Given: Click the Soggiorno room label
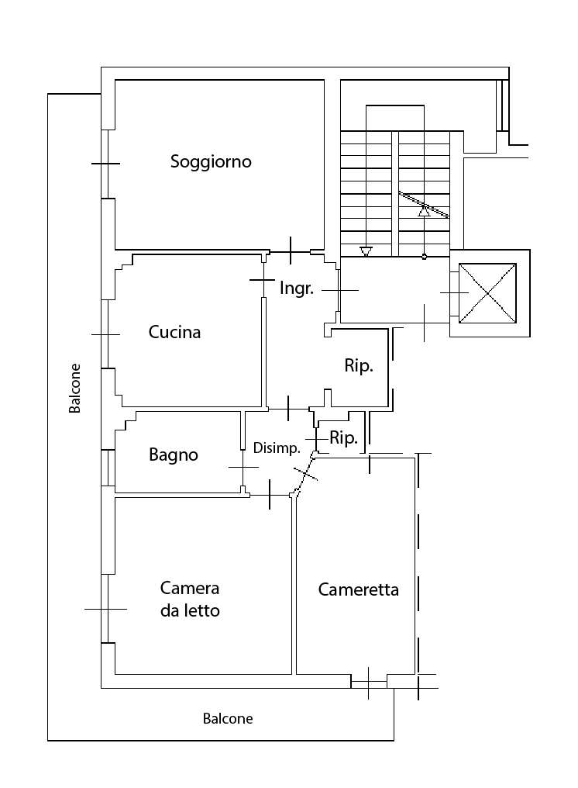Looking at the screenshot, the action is pyautogui.click(x=211, y=162).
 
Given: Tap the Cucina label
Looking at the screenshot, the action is pyautogui.click(x=174, y=332).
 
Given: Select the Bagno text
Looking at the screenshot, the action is pyautogui.click(x=174, y=455).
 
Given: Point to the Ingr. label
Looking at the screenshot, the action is pyautogui.click(x=296, y=289).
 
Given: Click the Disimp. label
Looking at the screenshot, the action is pyautogui.click(x=277, y=448).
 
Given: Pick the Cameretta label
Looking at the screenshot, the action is pyautogui.click(x=359, y=589).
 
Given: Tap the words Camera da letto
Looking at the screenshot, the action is pyautogui.click(x=190, y=599).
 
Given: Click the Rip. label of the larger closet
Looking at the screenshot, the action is pyautogui.click(x=359, y=366).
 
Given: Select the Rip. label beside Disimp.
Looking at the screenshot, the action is pyautogui.click(x=343, y=438).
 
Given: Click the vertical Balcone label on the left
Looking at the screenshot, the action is pyautogui.click(x=74, y=389).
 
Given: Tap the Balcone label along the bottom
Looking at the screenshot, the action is pyautogui.click(x=228, y=719).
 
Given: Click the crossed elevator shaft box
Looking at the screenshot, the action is pyautogui.click(x=487, y=293).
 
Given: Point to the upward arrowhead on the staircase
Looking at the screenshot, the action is pyautogui.click(x=425, y=211).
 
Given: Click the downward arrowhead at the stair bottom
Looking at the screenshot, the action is pyautogui.click(x=366, y=251).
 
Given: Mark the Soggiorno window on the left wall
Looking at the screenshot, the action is pyautogui.click(x=105, y=164).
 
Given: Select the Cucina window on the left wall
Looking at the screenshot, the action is pyautogui.click(x=105, y=335).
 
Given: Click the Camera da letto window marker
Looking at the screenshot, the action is pyautogui.click(x=105, y=609).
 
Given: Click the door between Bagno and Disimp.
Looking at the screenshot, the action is pyautogui.click(x=243, y=468).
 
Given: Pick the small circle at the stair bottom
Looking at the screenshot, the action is pyautogui.click(x=425, y=257).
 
